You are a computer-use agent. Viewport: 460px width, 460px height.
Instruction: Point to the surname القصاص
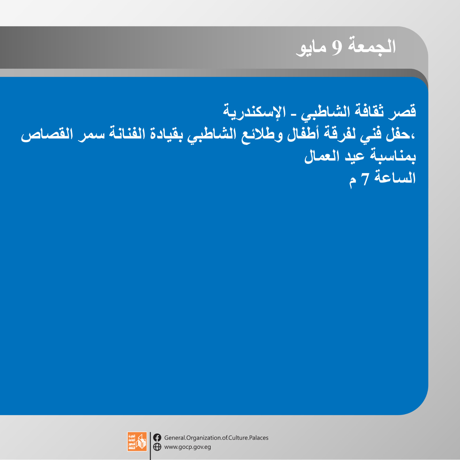47,134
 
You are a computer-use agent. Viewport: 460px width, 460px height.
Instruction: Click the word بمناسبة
393,156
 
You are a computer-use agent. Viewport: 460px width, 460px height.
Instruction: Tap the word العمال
322,156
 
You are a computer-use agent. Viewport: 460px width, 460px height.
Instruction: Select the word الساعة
395,178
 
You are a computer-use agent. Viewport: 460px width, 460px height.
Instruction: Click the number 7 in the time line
365,179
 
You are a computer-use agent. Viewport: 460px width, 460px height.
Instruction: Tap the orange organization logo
137,441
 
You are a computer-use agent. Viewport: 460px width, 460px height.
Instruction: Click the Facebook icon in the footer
157,438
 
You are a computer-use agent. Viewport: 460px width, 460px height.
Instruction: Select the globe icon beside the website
157,447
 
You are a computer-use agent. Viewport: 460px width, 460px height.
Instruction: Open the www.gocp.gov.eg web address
188,447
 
